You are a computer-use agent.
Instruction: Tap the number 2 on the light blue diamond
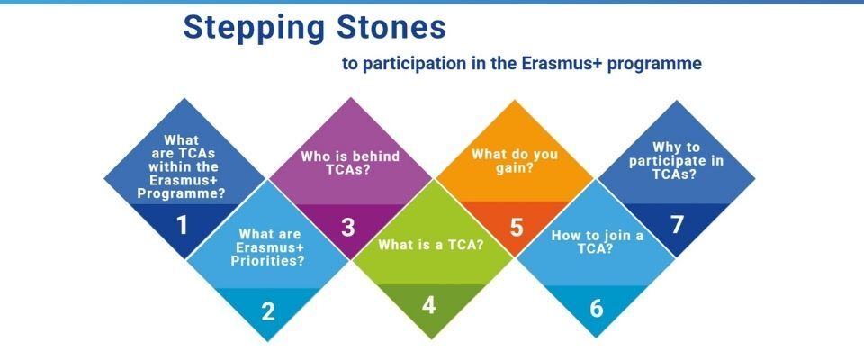pos(268,312)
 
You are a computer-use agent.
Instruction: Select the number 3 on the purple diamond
pos(348,228)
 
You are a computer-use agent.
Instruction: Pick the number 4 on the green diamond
pos(429,306)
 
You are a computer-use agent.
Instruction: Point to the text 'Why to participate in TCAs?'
pos(675,160)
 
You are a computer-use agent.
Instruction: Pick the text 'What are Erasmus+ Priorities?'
pos(269,247)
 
